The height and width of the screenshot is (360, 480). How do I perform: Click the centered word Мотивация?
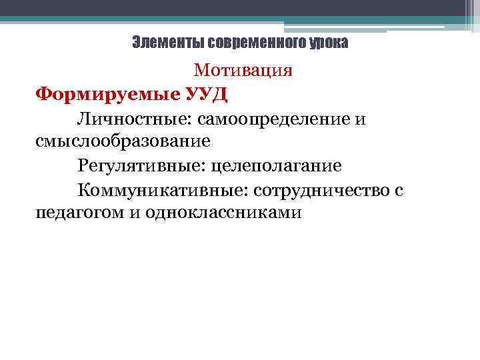243,70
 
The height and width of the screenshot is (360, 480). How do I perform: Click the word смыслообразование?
123,141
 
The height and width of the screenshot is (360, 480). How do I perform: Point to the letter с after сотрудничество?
399,191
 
